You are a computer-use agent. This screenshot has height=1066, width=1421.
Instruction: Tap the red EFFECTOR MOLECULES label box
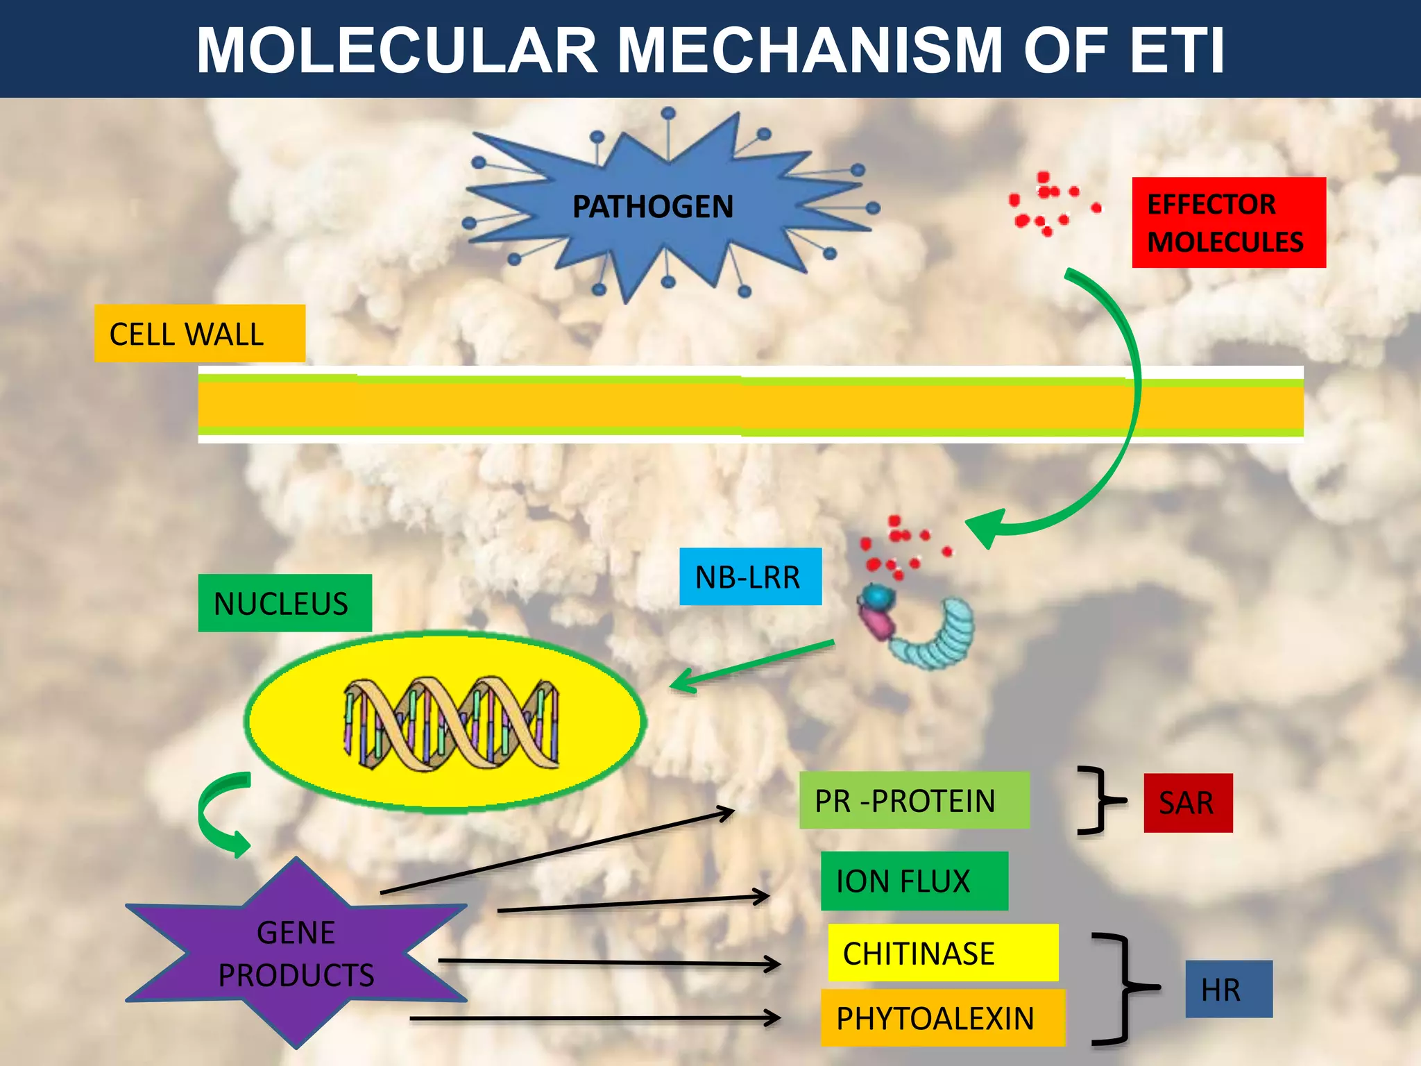pyautogui.click(x=1228, y=223)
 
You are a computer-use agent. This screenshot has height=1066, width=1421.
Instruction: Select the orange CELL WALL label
pyautogui.click(x=199, y=334)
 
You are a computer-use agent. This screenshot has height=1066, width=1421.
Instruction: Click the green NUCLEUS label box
pyautogui.click(x=284, y=603)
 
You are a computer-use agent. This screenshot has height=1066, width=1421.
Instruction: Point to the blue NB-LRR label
pyautogui.click(x=750, y=577)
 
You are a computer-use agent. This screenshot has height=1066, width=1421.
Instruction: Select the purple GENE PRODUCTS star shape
pyautogui.click(x=296, y=954)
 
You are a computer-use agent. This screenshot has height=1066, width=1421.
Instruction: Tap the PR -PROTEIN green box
pyautogui.click(x=914, y=800)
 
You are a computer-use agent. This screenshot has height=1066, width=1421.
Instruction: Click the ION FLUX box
pyautogui.click(x=914, y=881)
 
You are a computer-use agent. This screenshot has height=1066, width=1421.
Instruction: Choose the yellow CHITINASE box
pyautogui.click(x=942, y=953)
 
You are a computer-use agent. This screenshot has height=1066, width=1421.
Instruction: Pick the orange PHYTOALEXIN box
pyautogui.click(x=942, y=1018)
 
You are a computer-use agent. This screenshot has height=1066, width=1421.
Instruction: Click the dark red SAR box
pyautogui.click(x=1188, y=803)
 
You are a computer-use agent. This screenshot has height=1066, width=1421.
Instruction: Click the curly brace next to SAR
pyautogui.click(x=1100, y=800)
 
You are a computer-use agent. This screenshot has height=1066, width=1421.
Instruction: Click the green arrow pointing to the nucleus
pyautogui.click(x=753, y=666)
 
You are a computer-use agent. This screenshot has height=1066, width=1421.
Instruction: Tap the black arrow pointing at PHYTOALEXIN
pyautogui.click(x=597, y=1018)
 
